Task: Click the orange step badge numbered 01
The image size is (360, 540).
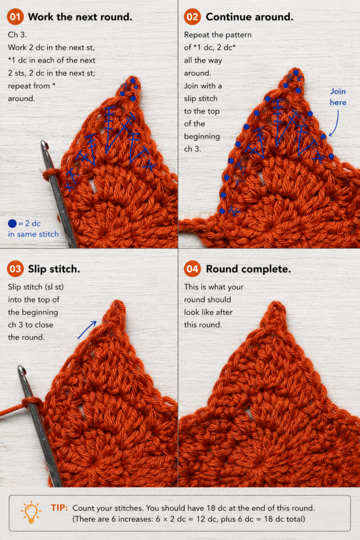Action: pyautogui.click(x=15, y=17)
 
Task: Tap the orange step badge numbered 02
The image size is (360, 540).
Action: pyautogui.click(x=192, y=17)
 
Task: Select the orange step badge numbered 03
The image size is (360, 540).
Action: pyautogui.click(x=15, y=269)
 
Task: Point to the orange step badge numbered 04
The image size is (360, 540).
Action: pyautogui.click(x=192, y=269)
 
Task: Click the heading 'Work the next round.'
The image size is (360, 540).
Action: pyautogui.click(x=80, y=17)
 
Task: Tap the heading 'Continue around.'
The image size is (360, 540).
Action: pyautogui.click(x=249, y=17)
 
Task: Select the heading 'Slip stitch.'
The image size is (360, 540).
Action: pyautogui.click(x=54, y=269)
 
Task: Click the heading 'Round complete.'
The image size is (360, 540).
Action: pyautogui.click(x=248, y=269)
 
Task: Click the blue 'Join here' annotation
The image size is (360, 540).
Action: pyautogui.click(x=338, y=97)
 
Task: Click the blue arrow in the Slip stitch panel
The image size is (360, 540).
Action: pyautogui.click(x=87, y=330)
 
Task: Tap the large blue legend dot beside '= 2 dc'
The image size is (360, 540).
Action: pyautogui.click(x=12, y=224)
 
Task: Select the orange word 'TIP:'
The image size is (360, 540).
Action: pyautogui.click(x=60, y=508)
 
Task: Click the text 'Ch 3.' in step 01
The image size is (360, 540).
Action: pyautogui.click(x=17, y=35)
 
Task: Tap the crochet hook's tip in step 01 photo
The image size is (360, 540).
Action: pyautogui.click(x=43, y=143)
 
